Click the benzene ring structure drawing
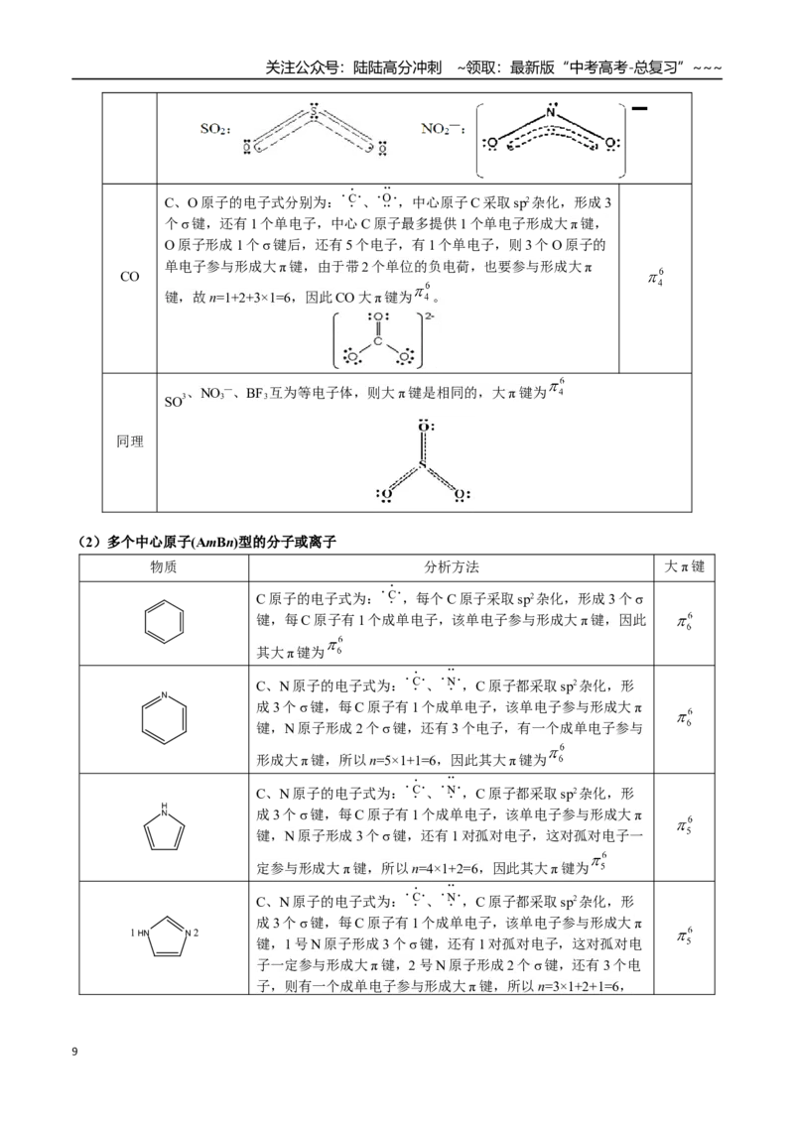click(x=164, y=622)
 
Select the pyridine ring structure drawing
click(x=164, y=717)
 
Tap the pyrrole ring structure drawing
click(x=164, y=826)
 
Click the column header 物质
click(x=164, y=567)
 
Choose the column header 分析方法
click(x=452, y=567)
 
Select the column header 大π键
click(x=685, y=566)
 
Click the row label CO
click(x=130, y=277)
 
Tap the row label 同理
click(x=130, y=441)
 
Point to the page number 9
click(x=75, y=1052)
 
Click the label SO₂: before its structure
click(x=215, y=129)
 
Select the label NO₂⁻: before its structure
click(x=443, y=129)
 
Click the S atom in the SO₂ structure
click(x=314, y=112)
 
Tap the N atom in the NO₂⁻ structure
click(x=551, y=112)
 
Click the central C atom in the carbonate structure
click(x=378, y=340)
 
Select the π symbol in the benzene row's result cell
click(x=682, y=622)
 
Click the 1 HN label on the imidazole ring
click(x=140, y=934)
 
